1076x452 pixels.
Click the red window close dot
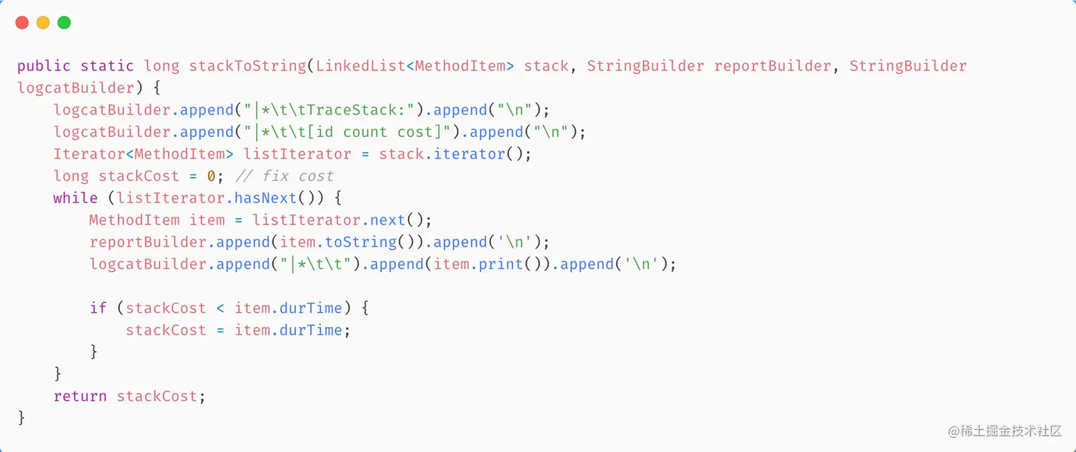pos(22,23)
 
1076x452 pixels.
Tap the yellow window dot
pos(43,23)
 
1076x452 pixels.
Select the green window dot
pos(64,23)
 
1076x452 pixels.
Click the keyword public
pos(44,66)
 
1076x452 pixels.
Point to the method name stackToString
pos(247,66)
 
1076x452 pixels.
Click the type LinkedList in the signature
pos(360,66)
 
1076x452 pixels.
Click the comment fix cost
pos(285,176)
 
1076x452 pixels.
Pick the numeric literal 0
pos(211,176)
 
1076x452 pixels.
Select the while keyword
pos(75,198)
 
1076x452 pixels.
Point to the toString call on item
pos(361,242)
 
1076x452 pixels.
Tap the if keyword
pos(98,308)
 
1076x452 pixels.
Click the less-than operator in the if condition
pos(220,308)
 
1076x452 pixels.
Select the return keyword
pos(80,397)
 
